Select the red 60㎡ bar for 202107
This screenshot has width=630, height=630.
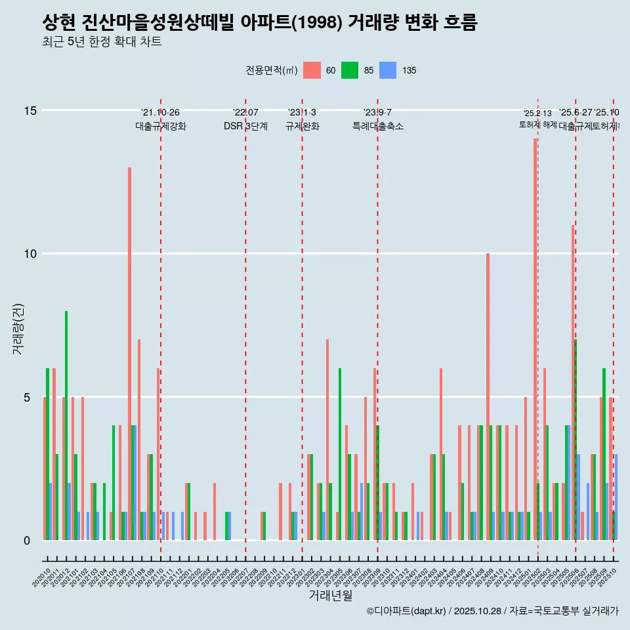[x=129, y=354]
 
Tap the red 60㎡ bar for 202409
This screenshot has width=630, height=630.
[x=488, y=397]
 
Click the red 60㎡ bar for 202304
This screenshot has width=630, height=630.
[x=327, y=440]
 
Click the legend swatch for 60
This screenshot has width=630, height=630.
[x=312, y=70]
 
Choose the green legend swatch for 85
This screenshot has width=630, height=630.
[x=350, y=70]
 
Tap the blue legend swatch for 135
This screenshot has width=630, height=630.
[x=388, y=70]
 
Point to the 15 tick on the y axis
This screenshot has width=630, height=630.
[x=30, y=110]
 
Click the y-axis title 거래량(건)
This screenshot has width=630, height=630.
[x=18, y=328]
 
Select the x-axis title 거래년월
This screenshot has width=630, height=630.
[x=330, y=596]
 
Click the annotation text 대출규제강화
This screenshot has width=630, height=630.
[x=161, y=126]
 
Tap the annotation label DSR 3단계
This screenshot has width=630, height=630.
[x=245, y=126]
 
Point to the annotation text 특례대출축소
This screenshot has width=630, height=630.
[x=377, y=126]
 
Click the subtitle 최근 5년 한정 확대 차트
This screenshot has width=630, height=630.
[x=102, y=42]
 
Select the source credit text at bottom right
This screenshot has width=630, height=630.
[x=492, y=611]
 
